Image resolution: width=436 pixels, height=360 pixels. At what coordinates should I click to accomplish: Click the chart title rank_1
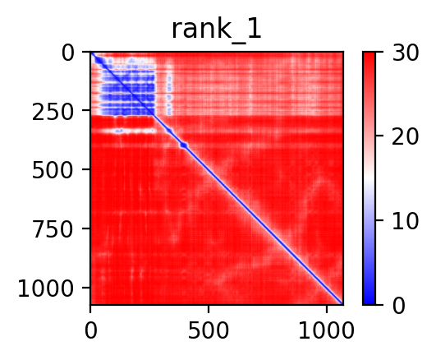pyautogui.click(x=216, y=30)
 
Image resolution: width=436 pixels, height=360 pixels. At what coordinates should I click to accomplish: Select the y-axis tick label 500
pyautogui.click(x=53, y=171)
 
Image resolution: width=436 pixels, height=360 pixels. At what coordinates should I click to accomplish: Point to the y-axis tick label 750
pyautogui.click(x=53, y=229)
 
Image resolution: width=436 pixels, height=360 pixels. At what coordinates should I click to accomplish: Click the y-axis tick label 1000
pyautogui.click(x=46, y=288)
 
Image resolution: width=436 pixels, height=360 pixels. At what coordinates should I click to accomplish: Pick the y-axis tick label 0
pyautogui.click(x=68, y=53)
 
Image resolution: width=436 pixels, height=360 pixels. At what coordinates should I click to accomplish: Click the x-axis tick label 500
pyautogui.click(x=209, y=331)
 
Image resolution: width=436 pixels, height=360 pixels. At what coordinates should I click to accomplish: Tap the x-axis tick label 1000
pyautogui.click(x=327, y=331)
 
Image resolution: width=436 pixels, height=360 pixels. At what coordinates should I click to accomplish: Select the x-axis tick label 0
pyautogui.click(x=90, y=331)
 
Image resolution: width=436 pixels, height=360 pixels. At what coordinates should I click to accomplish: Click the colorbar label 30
pyautogui.click(x=405, y=53)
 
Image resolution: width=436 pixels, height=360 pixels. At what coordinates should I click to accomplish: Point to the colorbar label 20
pyautogui.click(x=405, y=136)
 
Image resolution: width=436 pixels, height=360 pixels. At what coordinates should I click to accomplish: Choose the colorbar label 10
pyautogui.click(x=405, y=222)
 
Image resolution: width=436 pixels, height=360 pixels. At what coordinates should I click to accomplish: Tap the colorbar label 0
pyautogui.click(x=398, y=306)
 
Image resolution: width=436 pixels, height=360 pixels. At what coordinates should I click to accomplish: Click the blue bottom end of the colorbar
pyautogui.click(x=369, y=301)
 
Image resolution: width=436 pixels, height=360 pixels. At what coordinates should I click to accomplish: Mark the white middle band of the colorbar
pyautogui.click(x=369, y=178)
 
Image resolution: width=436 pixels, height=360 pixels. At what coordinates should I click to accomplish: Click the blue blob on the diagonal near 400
pyautogui.click(x=184, y=145)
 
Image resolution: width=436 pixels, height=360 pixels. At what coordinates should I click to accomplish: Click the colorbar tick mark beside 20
pyautogui.click(x=379, y=136)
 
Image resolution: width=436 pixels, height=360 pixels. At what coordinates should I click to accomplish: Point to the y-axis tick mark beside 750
pyautogui.click(x=86, y=228)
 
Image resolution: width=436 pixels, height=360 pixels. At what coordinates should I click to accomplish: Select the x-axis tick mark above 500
pyautogui.click(x=209, y=309)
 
